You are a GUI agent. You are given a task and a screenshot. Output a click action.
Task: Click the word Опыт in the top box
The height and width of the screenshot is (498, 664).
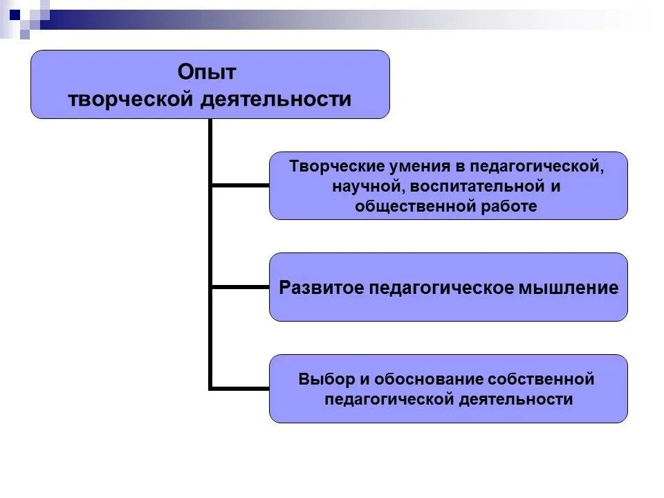pyautogui.click(x=207, y=71)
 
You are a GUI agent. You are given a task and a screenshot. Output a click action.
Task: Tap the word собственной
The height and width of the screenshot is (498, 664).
pyautogui.click(x=542, y=379)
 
